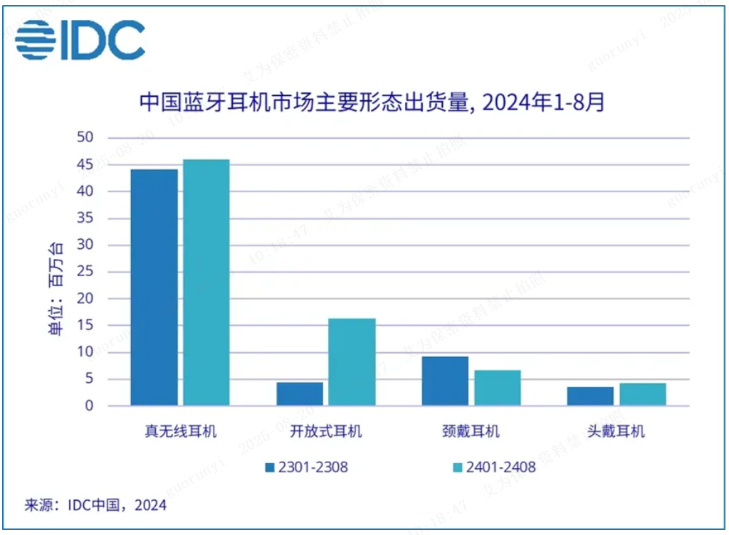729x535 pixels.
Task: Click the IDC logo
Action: (80, 39)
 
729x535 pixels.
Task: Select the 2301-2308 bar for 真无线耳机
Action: (154, 287)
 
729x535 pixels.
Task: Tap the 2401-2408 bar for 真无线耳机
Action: (206, 282)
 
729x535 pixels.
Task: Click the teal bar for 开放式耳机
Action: (352, 362)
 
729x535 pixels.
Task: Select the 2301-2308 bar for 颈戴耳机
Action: (445, 381)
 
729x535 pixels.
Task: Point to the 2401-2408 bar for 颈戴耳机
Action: (498, 388)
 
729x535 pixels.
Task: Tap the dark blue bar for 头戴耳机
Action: (590, 396)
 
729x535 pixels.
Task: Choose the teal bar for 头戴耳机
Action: (643, 394)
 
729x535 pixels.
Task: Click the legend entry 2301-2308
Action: (306, 467)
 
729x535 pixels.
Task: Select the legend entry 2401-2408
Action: (494, 467)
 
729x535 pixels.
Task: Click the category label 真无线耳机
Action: (181, 431)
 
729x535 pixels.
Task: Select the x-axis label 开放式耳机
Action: (326, 431)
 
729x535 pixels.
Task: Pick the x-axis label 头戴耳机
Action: (616, 431)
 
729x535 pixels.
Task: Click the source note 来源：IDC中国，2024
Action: (96, 506)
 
